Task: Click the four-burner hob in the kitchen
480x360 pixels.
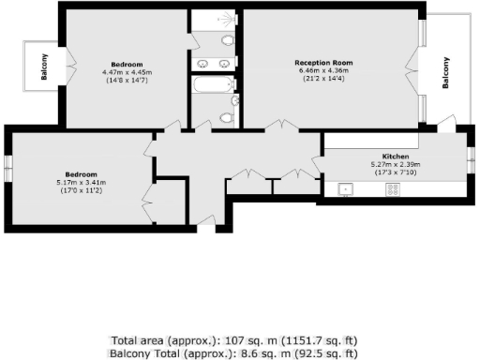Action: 393,188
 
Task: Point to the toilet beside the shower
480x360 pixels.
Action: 228,40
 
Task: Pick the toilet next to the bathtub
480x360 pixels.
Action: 226,118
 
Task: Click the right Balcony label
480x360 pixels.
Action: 445,73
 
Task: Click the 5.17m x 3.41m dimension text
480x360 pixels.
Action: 81,183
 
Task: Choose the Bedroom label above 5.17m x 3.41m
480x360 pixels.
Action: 81,174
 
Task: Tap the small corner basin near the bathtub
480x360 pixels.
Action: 234,100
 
